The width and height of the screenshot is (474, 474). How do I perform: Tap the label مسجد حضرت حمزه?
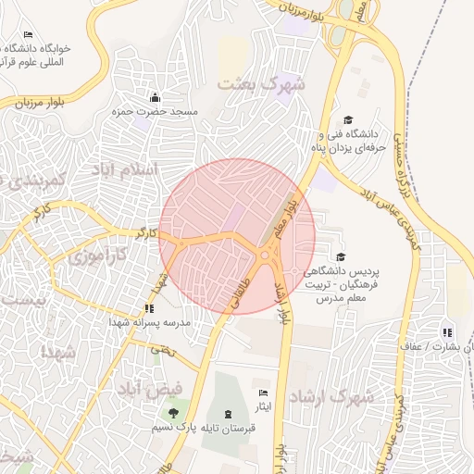point(156,111)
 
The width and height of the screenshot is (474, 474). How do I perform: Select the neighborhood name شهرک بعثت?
point(260,84)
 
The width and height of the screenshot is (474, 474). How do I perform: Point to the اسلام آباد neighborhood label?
point(124,169)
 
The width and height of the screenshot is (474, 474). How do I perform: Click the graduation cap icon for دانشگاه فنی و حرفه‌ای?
point(348,119)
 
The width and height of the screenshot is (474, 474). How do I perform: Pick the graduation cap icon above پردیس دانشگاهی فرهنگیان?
point(341,256)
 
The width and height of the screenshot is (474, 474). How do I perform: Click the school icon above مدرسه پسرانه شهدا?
point(149,308)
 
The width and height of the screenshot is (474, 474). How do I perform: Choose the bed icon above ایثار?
point(264,393)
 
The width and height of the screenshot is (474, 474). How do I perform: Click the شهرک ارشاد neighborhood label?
point(331,397)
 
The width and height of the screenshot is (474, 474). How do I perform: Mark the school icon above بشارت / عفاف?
point(448,331)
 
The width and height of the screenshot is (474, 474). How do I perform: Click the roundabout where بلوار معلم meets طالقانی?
point(268,254)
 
